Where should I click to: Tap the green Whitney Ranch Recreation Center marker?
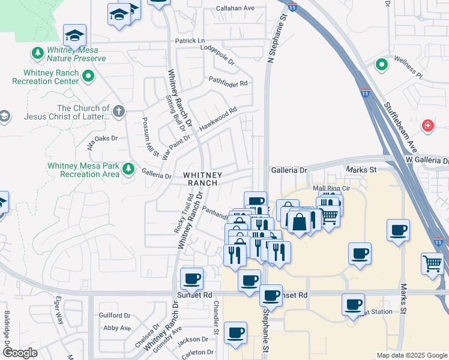tap(89, 76)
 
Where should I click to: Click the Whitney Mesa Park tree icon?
tap(127, 169)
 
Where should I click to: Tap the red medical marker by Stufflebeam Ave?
tap(427, 125)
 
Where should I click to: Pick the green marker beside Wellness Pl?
tap(381, 64)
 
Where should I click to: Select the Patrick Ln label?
tap(190, 41)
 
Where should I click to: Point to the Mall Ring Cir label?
tap(330, 188)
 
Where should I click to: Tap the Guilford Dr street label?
tap(116, 315)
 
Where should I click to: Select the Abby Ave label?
tap(116, 328)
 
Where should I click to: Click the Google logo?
tap(20, 353)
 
